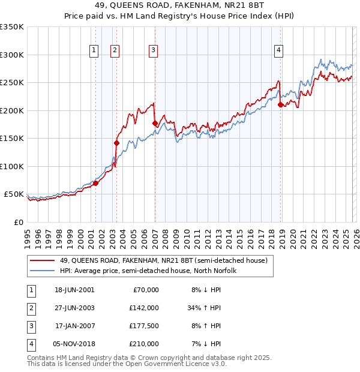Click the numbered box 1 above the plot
95,51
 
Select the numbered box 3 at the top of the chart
154,51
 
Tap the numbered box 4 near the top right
279,51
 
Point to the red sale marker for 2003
117,143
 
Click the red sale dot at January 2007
155,123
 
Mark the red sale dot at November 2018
281,105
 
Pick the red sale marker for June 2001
95,183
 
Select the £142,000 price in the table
144,308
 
